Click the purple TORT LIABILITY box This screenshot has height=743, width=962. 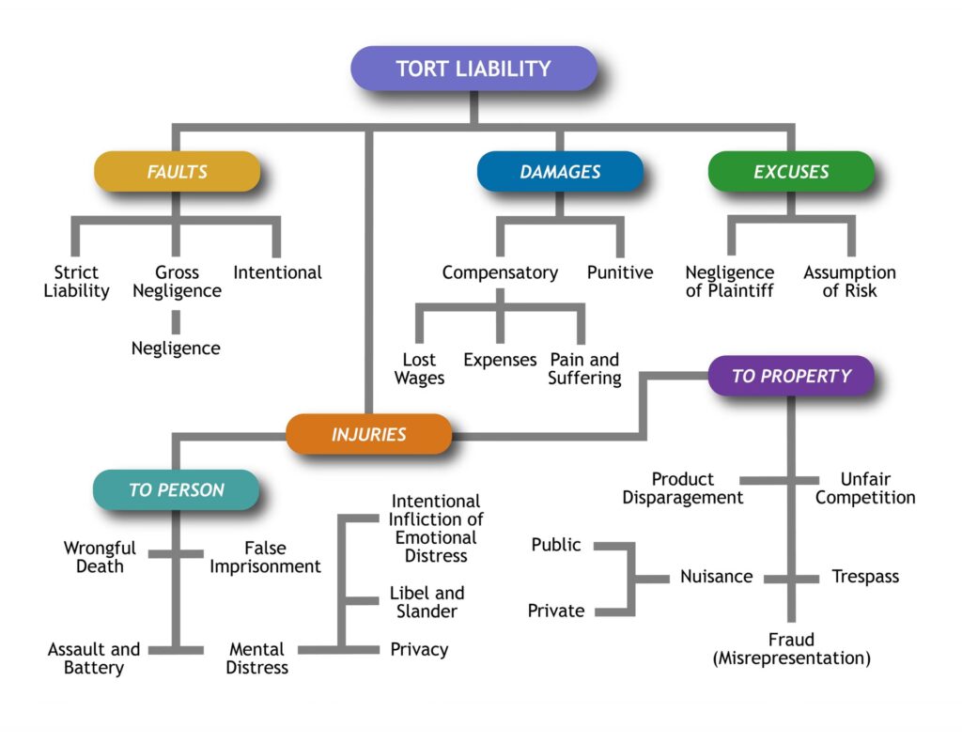(x=473, y=69)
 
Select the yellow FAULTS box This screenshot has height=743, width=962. (x=177, y=172)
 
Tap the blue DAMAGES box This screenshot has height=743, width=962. (x=560, y=172)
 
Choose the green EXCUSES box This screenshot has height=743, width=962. (x=791, y=172)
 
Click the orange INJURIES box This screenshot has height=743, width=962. (x=368, y=435)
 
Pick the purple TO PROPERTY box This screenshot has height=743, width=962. (x=791, y=376)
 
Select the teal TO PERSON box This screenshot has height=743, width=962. (x=176, y=490)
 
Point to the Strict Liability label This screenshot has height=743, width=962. (x=76, y=282)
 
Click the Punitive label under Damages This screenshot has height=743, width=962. (x=620, y=273)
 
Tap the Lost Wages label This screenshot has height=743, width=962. (x=419, y=369)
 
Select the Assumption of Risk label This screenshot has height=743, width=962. (x=849, y=282)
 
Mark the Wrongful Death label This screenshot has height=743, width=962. (x=100, y=557)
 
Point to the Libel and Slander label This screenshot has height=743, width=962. (x=427, y=602)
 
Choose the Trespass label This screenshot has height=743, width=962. (x=865, y=577)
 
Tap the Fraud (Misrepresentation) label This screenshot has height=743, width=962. (x=791, y=650)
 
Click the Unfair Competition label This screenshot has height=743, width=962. (x=864, y=488)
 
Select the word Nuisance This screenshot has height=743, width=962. (x=716, y=577)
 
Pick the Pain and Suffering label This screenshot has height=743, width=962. (x=584, y=369)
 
